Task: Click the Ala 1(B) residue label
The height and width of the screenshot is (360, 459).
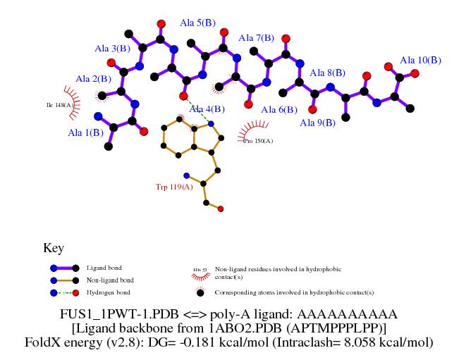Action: click(85, 132)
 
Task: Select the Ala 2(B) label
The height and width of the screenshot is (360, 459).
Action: click(93, 79)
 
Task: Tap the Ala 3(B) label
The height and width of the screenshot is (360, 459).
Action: click(112, 49)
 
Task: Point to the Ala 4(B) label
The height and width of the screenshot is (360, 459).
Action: click(207, 109)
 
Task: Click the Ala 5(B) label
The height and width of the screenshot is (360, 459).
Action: click(197, 23)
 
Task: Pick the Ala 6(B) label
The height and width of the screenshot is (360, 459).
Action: click(279, 110)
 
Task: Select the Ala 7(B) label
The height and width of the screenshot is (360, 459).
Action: click(257, 38)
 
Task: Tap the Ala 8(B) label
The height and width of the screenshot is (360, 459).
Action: click(327, 73)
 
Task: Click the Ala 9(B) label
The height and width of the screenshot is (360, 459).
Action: click(317, 123)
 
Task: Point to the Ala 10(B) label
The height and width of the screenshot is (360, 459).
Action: click(420, 61)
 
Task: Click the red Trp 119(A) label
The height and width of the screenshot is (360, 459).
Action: click(174, 187)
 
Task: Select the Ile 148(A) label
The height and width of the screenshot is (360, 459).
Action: click(59, 105)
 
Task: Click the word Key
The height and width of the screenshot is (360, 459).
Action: click(54, 249)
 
